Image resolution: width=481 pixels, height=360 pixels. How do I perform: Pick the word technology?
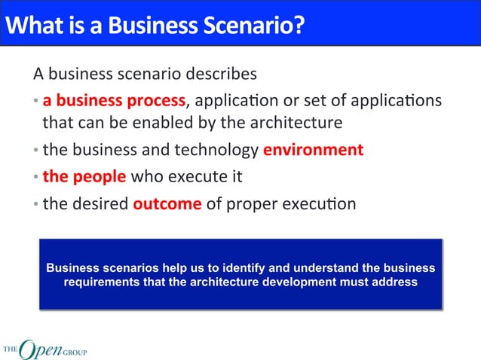(x=215, y=149)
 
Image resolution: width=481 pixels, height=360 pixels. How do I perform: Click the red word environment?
(x=313, y=149)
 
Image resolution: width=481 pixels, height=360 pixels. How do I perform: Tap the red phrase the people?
(x=84, y=177)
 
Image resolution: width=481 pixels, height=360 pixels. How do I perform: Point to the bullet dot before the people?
(x=36, y=178)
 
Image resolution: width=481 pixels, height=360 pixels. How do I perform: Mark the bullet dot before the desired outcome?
(x=36, y=205)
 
